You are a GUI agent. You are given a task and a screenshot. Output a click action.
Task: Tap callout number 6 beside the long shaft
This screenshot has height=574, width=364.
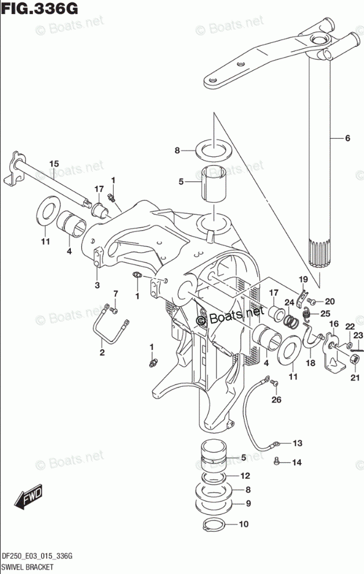[347, 138]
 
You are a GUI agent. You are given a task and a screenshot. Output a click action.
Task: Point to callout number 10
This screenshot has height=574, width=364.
[243, 524]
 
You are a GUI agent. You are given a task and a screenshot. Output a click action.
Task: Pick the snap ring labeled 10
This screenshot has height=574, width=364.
[214, 525]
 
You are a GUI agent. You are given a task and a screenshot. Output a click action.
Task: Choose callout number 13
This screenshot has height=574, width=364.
[297, 443]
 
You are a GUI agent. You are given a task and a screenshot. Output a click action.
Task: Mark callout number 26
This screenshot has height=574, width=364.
[276, 399]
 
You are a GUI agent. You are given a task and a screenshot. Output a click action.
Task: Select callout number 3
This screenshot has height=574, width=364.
[97, 285]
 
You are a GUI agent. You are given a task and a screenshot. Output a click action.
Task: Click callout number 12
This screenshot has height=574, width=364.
[246, 475]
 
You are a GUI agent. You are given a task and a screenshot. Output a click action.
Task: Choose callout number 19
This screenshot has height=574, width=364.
[303, 281]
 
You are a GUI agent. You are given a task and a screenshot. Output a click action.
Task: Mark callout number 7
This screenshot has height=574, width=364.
[115, 293]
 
